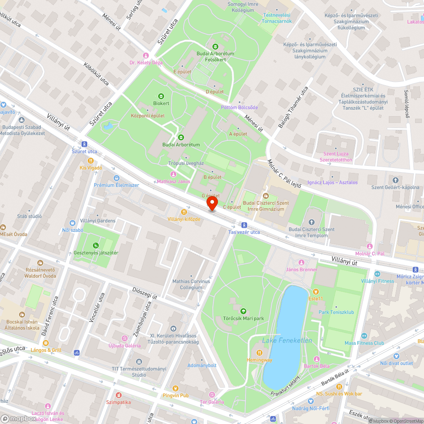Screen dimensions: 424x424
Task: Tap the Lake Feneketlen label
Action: tap(287, 340)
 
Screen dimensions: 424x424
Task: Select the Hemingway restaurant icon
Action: tap(259, 353)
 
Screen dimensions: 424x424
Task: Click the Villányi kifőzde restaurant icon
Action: tap(184, 212)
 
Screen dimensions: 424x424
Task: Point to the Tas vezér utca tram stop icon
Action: tap(244, 225)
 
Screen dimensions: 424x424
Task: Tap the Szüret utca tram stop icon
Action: tap(84, 144)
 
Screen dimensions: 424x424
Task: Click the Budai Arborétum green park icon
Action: tap(181, 137)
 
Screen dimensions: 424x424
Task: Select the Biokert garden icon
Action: tap(161, 96)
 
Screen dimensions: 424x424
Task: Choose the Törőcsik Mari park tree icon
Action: tap(243, 311)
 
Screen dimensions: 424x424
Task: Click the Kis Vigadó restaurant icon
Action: tap(91, 161)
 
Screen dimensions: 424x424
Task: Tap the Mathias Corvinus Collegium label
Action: tap(191, 284)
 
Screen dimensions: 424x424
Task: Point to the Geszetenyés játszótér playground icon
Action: tap(96, 245)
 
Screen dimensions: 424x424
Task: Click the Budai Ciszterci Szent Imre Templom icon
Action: tap(312, 222)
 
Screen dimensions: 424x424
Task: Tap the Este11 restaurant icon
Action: tap(315, 291)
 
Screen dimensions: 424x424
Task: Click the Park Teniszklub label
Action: tap(336, 312)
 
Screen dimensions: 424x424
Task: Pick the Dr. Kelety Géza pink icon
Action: tap(146, 56)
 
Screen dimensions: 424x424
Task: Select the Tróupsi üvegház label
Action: tap(186, 163)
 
